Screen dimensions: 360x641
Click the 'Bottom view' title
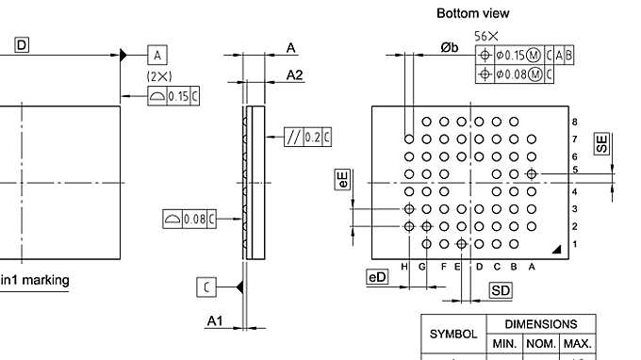coord(472,13)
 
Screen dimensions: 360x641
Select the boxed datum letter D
coord(21,44)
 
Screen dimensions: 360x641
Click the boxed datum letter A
coord(157,56)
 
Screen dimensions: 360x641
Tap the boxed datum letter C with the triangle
coord(206,286)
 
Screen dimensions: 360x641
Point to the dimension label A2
coord(294,74)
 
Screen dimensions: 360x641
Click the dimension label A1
coord(215,322)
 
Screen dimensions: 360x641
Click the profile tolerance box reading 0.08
coord(189,220)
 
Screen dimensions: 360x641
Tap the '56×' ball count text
coord(486,36)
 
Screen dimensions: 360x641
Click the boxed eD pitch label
coord(377,277)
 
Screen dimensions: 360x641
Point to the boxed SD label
coord(501,291)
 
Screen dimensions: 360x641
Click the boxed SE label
coord(601,143)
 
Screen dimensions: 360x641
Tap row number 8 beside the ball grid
coord(574,123)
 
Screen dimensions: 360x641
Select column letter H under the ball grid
coord(404,267)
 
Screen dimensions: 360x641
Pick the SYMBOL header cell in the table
coord(452,335)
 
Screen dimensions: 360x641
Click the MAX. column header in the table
coord(576,345)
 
